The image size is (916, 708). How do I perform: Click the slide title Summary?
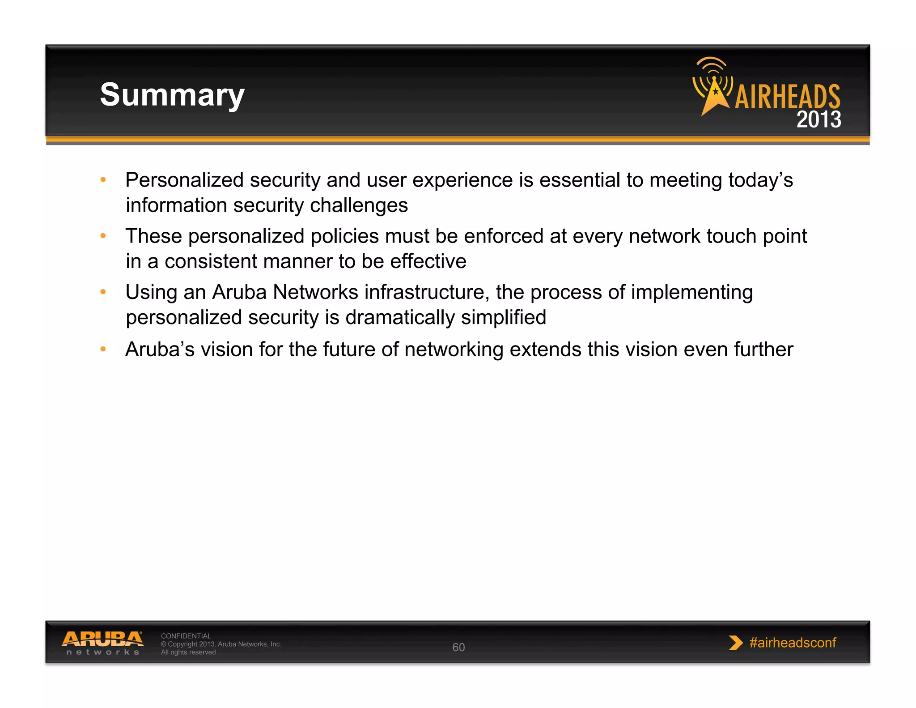pyautogui.click(x=172, y=95)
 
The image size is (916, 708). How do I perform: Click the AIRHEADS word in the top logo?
pyautogui.click(x=787, y=97)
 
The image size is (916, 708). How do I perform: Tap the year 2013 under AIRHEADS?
pyautogui.click(x=818, y=119)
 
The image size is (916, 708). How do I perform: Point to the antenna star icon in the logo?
pyautogui.click(x=714, y=92)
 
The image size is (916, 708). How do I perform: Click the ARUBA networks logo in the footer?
pyautogui.click(x=102, y=643)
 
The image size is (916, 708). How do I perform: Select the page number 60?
pyautogui.click(x=458, y=647)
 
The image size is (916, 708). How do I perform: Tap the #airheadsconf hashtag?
pyautogui.click(x=793, y=643)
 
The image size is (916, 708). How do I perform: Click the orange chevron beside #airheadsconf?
pyautogui.click(x=735, y=643)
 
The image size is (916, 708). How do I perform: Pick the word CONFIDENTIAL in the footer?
pyautogui.click(x=186, y=636)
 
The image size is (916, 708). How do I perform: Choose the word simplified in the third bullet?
pyautogui.click(x=504, y=317)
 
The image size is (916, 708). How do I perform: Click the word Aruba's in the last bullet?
pyautogui.click(x=160, y=350)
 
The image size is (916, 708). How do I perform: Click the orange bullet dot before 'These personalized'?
pyautogui.click(x=103, y=235)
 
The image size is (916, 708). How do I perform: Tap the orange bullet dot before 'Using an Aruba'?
pyautogui.click(x=103, y=292)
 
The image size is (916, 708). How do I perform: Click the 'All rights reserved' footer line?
pyautogui.click(x=188, y=653)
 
